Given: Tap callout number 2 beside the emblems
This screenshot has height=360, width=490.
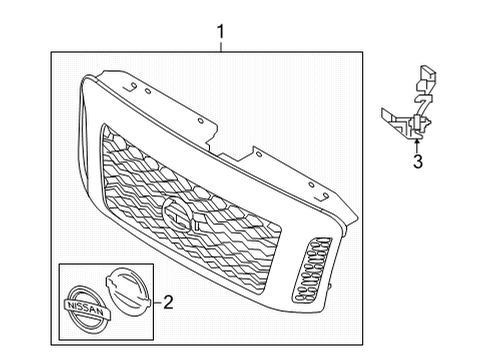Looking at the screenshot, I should (x=169, y=299).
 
